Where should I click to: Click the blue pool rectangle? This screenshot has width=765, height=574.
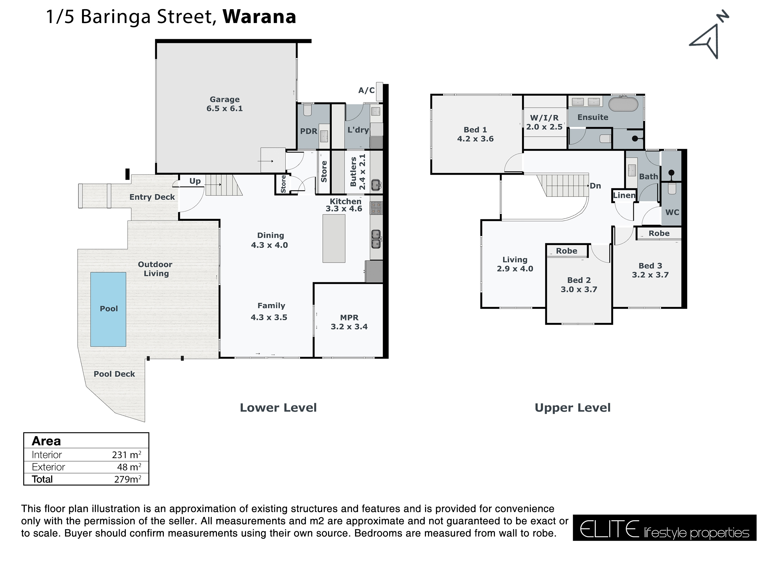(x=108, y=309)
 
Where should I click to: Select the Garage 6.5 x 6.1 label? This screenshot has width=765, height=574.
(x=224, y=104)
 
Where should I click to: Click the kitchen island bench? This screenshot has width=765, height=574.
(x=334, y=238)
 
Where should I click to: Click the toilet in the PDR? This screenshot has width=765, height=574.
(x=307, y=110)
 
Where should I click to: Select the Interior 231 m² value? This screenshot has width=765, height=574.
(x=126, y=455)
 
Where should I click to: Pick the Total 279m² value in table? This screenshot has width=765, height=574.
(x=127, y=479)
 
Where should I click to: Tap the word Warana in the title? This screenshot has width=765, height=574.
(x=259, y=17)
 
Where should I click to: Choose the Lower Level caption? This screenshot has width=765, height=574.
(x=278, y=407)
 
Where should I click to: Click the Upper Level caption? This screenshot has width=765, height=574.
(x=572, y=407)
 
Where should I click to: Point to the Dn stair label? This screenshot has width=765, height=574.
(x=595, y=186)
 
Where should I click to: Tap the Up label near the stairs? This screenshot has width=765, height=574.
(x=195, y=181)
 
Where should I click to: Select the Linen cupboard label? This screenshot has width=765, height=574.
(x=624, y=196)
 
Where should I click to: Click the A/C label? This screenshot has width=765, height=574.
(x=366, y=90)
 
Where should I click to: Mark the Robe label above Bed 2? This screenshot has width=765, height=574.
(x=566, y=251)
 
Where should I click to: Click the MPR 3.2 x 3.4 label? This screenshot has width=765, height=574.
(x=349, y=322)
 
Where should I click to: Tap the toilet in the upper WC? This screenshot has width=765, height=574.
(x=672, y=189)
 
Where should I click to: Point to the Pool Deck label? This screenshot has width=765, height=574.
(x=114, y=374)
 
